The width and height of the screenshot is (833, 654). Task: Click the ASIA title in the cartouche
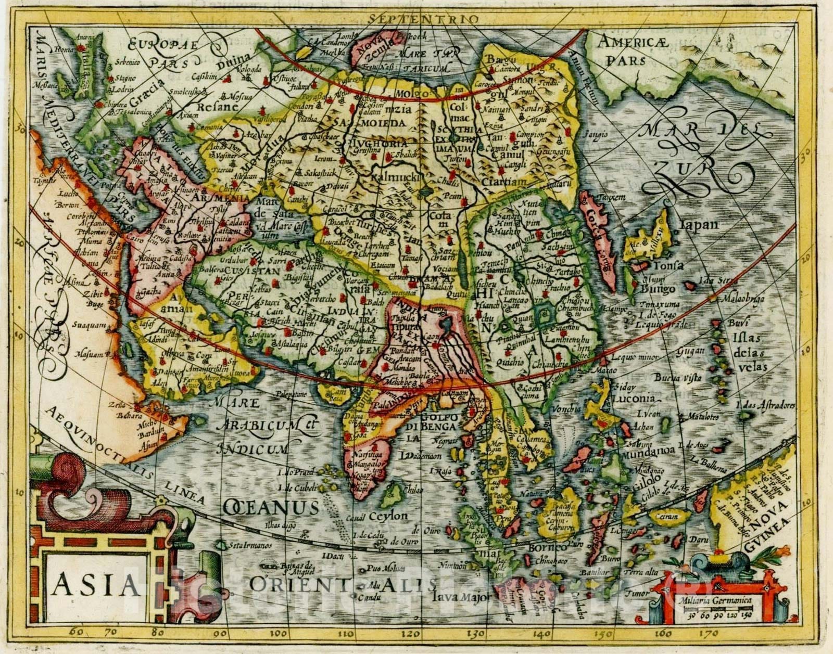coord(95,585)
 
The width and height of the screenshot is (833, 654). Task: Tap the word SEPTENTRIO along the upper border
coord(422,19)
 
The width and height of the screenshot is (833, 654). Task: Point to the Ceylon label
coord(388,516)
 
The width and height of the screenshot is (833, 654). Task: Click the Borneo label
coord(551,548)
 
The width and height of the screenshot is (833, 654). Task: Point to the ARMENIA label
coord(214,198)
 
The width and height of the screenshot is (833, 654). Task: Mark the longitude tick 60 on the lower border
coord(76,633)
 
